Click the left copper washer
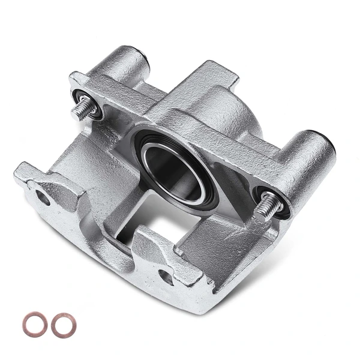pos(35,324)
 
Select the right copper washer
pos(63,325)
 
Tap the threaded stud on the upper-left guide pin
pos(85,109)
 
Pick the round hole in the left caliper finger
pos(43,197)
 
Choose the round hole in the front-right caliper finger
pos(166,276)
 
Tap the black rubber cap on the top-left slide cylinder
pos(144,58)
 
